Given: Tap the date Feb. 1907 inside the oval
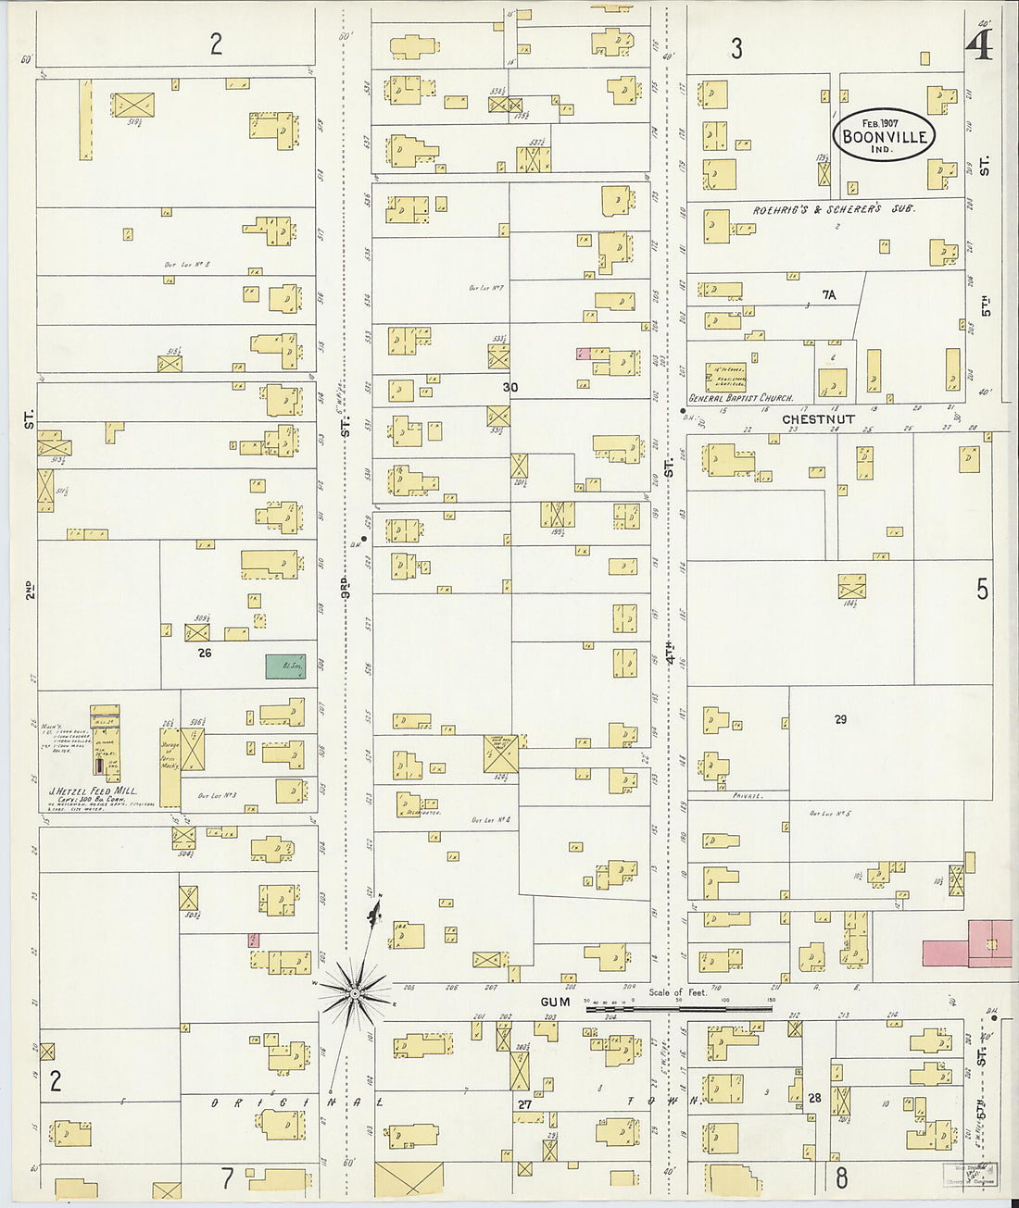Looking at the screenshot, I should tap(882, 122).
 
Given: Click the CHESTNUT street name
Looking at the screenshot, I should tap(818, 419).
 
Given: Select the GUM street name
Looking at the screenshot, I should tap(556, 1002).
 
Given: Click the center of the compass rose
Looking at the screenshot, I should tap(354, 993).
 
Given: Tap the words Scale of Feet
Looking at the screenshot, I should tap(677, 992).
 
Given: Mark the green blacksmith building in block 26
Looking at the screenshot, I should tap(285, 666).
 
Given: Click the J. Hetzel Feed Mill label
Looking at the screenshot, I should tap(92, 791).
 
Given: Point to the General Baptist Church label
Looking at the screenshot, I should tap(740, 398).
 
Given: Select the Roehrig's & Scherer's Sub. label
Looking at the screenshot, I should tap(833, 210).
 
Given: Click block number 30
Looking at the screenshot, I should tap(509, 387).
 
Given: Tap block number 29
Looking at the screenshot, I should tap(839, 719).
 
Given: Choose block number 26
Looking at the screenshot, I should tap(205, 653).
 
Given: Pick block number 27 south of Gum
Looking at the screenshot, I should tap(524, 1104).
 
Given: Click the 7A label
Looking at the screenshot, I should tap(828, 295).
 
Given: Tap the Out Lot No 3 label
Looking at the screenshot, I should tap(217, 795).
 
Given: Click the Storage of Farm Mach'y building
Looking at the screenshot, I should tap(170, 766).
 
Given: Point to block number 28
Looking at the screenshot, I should tap(814, 1098).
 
